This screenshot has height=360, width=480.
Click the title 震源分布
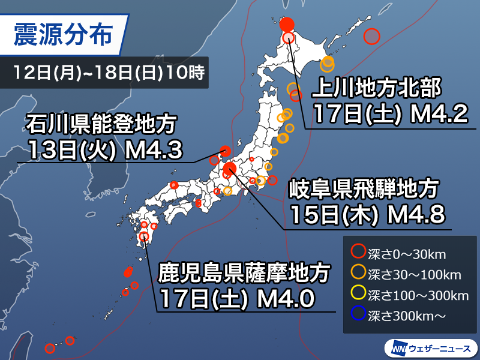click(x=62, y=35)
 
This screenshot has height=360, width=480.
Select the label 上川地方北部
click(x=377, y=91)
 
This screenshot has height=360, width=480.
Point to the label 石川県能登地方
click(x=101, y=125)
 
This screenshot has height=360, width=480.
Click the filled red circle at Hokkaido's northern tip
click(x=287, y=25)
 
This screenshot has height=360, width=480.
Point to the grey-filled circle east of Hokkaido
click(x=373, y=37)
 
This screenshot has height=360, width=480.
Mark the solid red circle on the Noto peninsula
click(x=226, y=151)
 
